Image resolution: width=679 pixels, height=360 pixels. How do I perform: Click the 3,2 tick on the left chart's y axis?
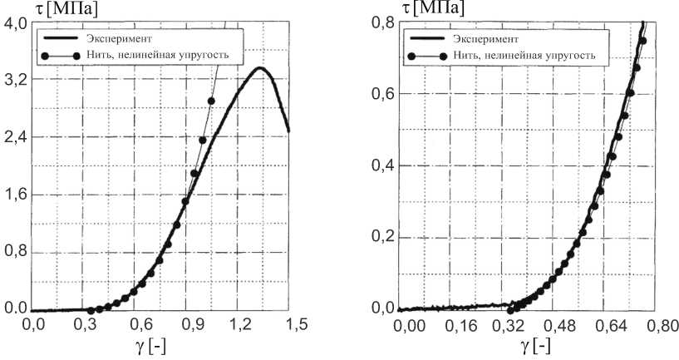point(15,81)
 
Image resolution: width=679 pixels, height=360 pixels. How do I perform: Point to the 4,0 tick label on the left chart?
point(15,23)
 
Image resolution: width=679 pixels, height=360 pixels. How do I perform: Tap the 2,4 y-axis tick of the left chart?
point(15,137)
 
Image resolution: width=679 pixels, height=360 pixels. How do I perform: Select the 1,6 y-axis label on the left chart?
point(15,195)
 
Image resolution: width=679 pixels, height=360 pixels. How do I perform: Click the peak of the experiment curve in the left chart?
point(260,68)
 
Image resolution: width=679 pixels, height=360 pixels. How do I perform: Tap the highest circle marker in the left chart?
point(211,101)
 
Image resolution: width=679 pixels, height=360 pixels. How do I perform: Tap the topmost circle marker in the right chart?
point(642,41)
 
